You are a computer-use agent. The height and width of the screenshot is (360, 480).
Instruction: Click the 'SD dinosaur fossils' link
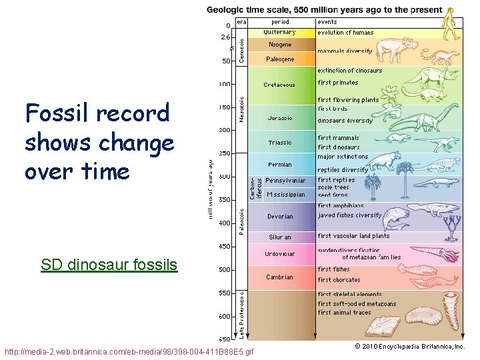coord(109,265)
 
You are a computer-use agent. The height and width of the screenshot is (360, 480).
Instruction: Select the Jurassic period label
coord(280,118)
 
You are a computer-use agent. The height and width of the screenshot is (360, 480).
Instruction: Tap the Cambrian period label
coord(280,277)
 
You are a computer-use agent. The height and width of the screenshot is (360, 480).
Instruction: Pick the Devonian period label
coord(280,217)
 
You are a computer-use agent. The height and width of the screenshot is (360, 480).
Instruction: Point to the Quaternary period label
coord(280,32)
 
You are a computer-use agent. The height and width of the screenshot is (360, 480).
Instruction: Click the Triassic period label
coord(280,142)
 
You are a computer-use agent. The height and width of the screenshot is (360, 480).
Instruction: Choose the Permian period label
coord(280,165)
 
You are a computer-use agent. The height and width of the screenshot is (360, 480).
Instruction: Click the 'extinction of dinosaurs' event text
coord(350,71)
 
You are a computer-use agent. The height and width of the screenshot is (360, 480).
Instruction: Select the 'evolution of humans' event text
coord(345,33)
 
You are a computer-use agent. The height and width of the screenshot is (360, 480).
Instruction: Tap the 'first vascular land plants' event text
coord(353,236)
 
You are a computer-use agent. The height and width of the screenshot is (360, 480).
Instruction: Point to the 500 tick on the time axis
coord(224,270)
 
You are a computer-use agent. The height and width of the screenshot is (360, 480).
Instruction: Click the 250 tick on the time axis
coord(224,153)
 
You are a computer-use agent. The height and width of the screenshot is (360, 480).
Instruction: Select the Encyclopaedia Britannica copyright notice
coord(409,347)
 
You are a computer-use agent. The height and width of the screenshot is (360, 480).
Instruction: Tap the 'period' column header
coord(280,22)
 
